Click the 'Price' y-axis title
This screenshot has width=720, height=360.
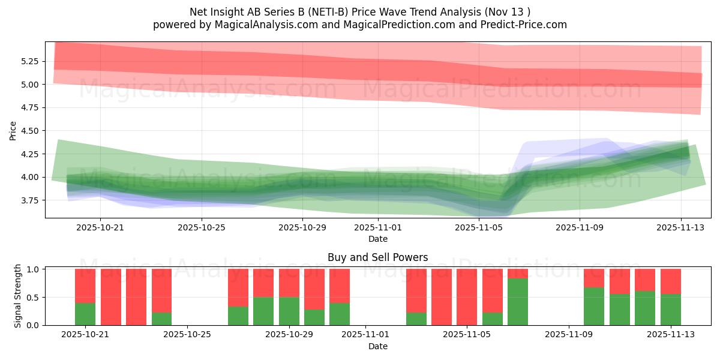(13, 130)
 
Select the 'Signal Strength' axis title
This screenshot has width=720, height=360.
(18, 296)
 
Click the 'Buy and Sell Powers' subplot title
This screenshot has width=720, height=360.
(377, 257)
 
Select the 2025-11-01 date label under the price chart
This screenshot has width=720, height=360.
(377, 227)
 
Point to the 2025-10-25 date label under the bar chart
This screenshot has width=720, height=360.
(188, 334)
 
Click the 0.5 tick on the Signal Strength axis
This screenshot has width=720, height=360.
(33, 297)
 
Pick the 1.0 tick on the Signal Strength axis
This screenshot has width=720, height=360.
(33, 269)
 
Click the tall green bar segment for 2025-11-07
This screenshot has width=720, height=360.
(518, 302)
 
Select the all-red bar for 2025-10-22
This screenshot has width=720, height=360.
(111, 297)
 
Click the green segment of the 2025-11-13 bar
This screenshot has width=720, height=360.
(670, 310)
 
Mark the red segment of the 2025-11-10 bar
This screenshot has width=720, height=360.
(594, 278)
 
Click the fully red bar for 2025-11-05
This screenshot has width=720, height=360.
(467, 297)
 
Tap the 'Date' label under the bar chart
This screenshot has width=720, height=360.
(377, 346)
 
